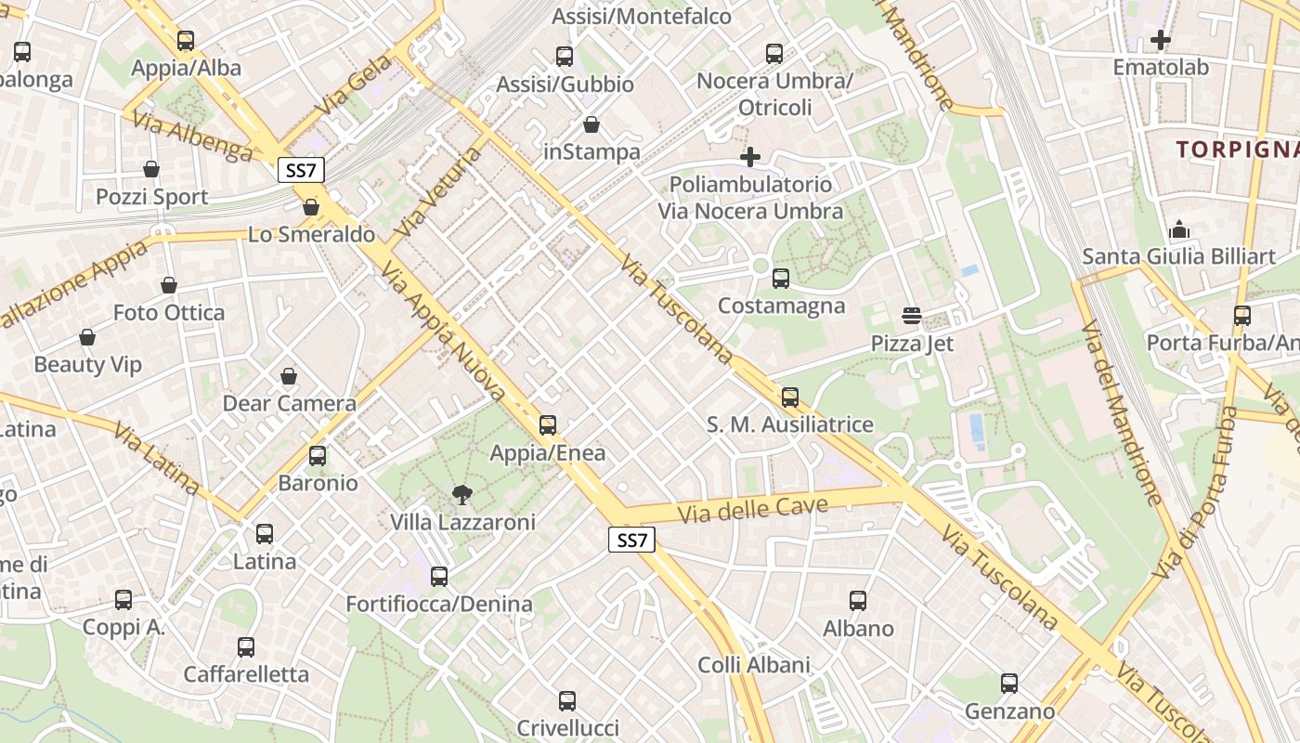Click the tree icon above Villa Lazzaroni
(461, 494)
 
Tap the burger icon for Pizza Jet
(911, 317)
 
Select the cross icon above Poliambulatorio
(750, 157)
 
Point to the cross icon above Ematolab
(1160, 40)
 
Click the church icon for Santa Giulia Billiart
(1179, 229)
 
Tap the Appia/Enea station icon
(548, 425)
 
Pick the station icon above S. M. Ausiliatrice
(789, 398)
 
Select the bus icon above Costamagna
(780, 278)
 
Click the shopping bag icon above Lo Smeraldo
(311, 207)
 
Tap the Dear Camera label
(289, 403)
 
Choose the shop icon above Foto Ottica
(169, 285)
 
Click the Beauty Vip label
(87, 364)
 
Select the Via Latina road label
(156, 458)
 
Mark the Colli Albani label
(754, 665)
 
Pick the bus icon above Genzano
(1009, 684)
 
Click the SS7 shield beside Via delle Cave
(631, 540)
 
